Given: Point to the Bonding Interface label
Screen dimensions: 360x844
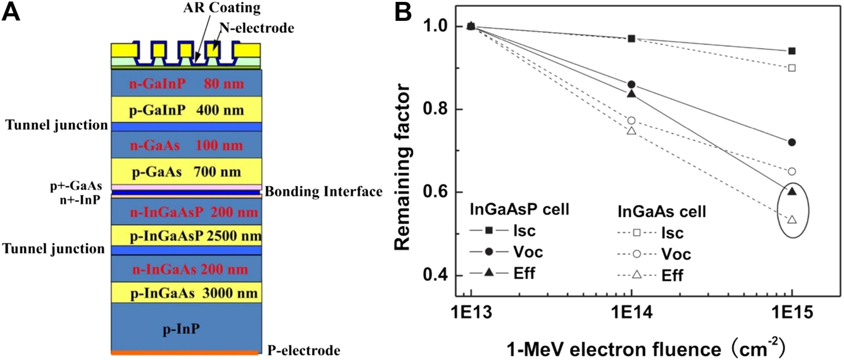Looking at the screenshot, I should tap(323, 191).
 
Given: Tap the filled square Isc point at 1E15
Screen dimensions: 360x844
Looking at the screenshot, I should tap(791, 51).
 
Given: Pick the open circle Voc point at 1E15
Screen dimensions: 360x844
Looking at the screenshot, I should tap(791, 171).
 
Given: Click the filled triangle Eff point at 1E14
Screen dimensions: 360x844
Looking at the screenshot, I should tap(631, 94).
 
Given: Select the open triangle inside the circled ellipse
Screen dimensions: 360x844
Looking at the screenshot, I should tap(791, 220).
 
